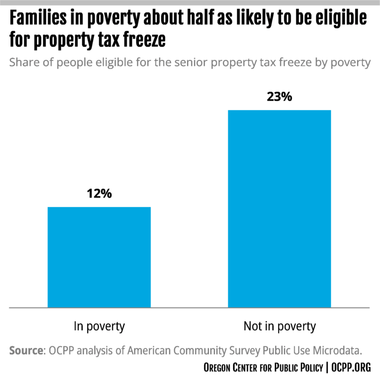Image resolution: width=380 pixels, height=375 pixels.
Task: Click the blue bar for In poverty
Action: click(x=99, y=257)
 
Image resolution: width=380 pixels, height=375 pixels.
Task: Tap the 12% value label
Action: click(x=99, y=193)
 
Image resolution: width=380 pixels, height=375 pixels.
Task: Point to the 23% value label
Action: click(x=280, y=96)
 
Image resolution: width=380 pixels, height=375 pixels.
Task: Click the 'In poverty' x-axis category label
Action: click(x=99, y=326)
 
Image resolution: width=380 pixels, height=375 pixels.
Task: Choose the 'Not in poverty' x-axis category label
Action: click(x=279, y=326)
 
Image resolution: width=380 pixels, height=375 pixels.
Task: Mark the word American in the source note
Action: click(x=150, y=351)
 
